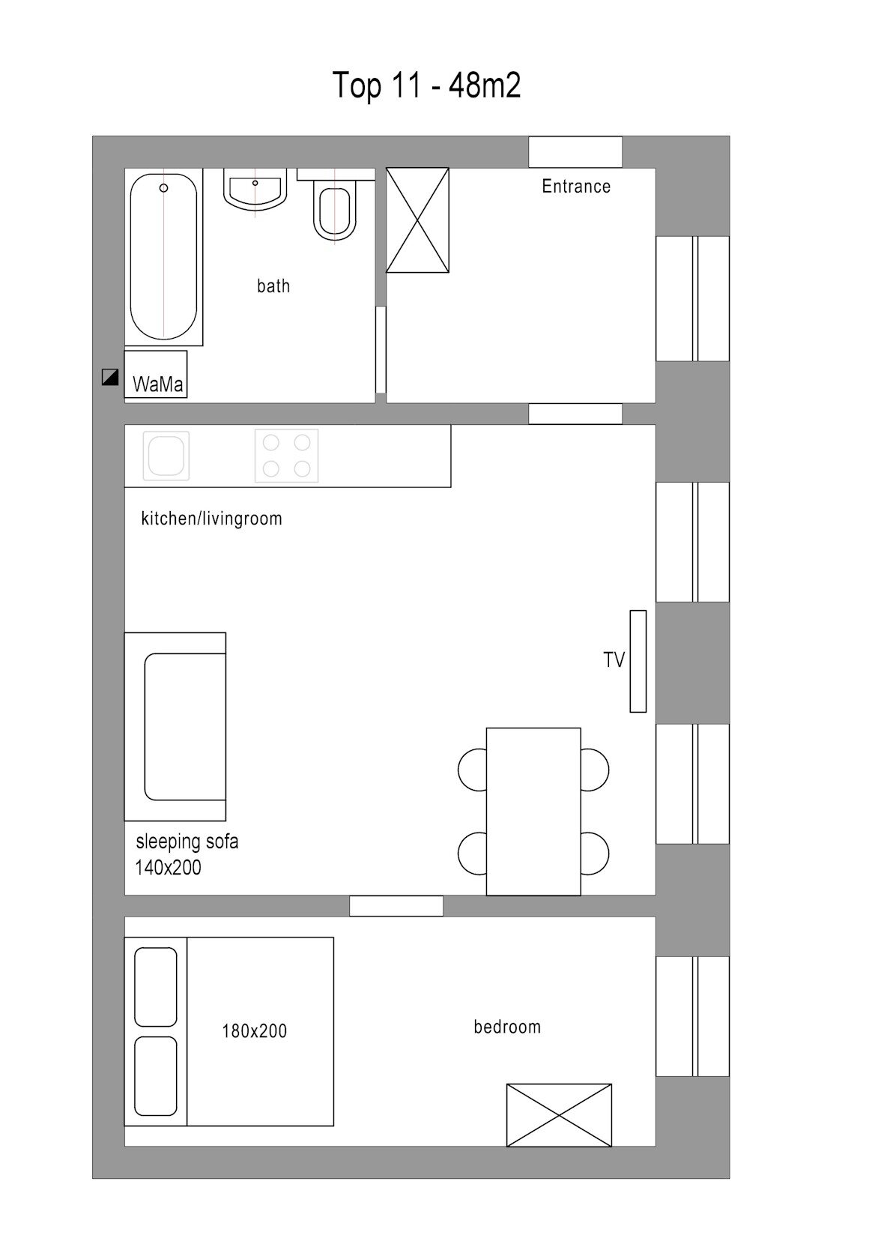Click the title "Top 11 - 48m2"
coord(426,85)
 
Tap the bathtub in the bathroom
coord(163,256)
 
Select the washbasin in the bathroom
coord(255,190)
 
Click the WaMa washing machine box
coord(156,374)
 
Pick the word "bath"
coord(273,286)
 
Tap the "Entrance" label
coord(576,186)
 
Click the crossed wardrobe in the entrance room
coord(417,220)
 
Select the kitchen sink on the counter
coord(166,456)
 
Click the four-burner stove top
coord(287,456)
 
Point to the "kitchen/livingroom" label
coord(211,519)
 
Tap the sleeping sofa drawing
coord(175,727)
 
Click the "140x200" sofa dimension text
coord(168,867)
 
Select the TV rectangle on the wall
coord(638,662)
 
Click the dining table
coord(533,812)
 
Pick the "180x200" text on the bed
coord(255,1032)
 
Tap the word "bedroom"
coord(507,1027)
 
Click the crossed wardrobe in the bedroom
coord(560,1115)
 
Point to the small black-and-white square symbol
coord(110,378)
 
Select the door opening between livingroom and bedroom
coord(396,906)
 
